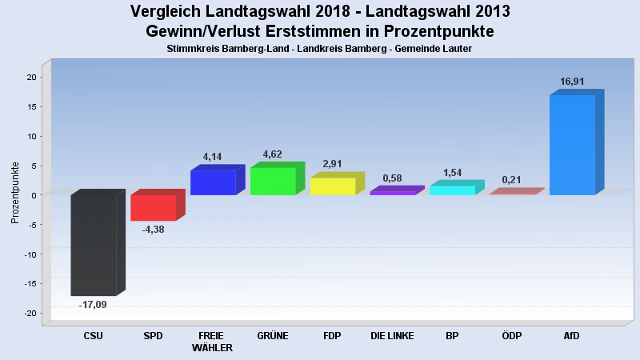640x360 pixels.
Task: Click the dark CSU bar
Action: pos(94,245)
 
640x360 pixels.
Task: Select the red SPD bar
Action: pos(153,207)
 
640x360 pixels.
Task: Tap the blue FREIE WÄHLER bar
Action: pos(213,182)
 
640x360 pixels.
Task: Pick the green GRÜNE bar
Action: pos(273,181)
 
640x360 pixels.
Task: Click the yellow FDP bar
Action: pos(333,186)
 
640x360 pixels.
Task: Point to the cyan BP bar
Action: pos(452,190)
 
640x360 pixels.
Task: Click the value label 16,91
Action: pos(572,81)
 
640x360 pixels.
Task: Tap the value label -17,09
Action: pos(93,305)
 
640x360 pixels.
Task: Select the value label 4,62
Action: pos(273,154)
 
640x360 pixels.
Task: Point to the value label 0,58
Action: pos(393,178)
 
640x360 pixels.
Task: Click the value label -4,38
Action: pos(153,230)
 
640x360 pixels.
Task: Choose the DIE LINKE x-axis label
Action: pos(393,336)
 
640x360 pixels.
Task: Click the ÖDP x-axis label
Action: pos(511,336)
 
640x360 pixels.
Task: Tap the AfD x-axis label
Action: pos(571,336)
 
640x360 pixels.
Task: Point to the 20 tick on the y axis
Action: pos(31,77)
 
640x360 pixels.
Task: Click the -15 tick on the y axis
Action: pos(30,283)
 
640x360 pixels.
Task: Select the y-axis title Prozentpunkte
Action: pos(14,193)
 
